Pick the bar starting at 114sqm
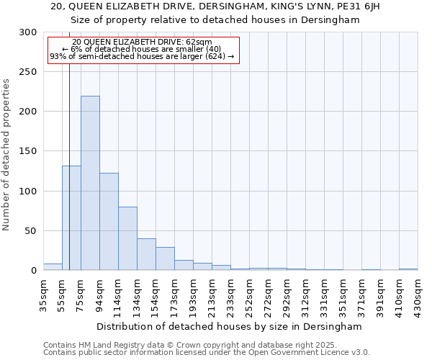(127, 238)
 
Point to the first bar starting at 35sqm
(53, 266)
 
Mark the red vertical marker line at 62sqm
(69, 144)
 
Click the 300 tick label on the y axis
(28, 32)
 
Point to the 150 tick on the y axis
(28, 152)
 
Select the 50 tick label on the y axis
(31, 231)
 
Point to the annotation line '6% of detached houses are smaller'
(142, 49)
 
